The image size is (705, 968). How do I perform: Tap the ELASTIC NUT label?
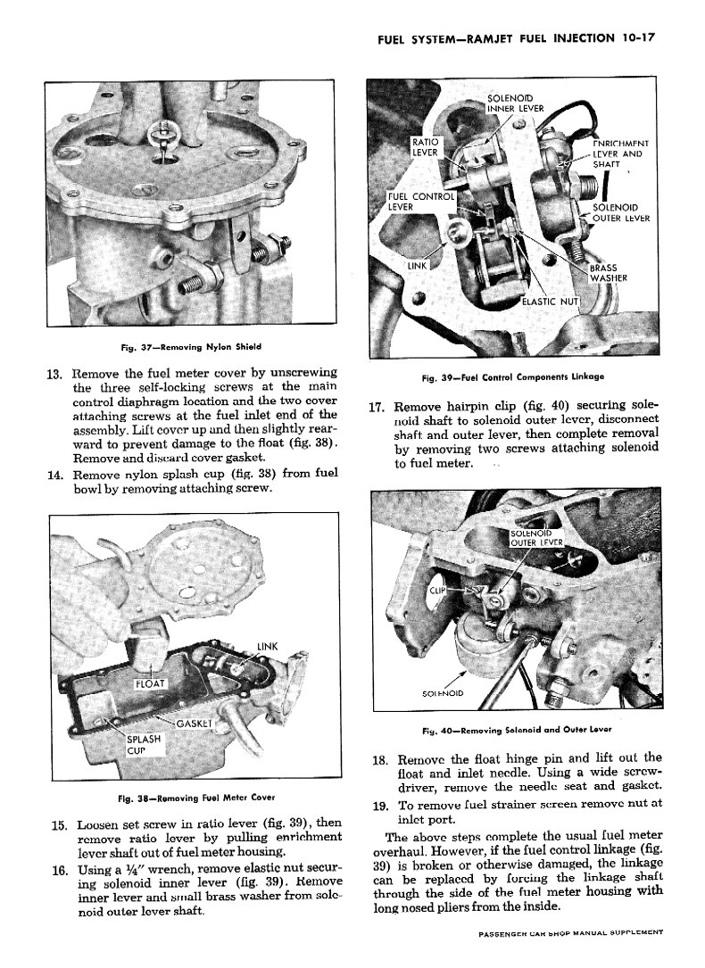[x=550, y=301]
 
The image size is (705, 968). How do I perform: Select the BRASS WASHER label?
[x=610, y=271]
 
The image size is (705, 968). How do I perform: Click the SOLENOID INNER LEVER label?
[x=516, y=103]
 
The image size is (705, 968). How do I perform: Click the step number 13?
[x=53, y=373]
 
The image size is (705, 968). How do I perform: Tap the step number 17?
[x=377, y=404]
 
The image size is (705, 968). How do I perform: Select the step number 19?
[x=377, y=807]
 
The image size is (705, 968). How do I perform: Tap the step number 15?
[x=53, y=823]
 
